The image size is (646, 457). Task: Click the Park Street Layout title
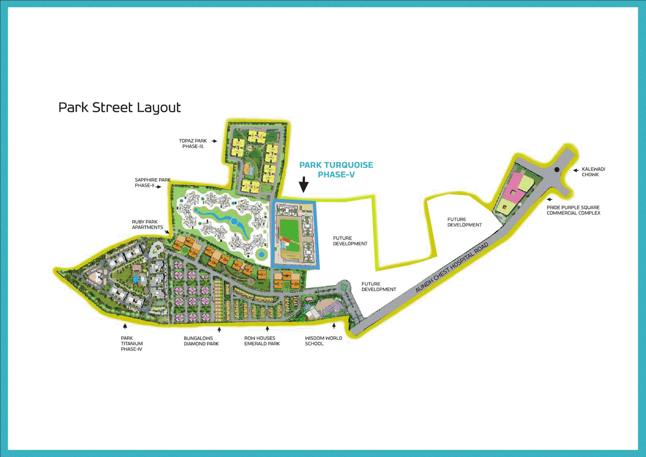[120, 108]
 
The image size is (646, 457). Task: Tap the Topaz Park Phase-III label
[193, 144]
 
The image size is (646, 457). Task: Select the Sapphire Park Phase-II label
[152, 183]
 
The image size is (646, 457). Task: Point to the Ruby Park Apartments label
[147, 225]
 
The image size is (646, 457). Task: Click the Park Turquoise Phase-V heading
[336, 170]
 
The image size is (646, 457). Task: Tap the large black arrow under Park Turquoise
[304, 185]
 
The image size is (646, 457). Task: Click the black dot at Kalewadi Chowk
[557, 170]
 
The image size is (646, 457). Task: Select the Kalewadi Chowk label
[593, 172]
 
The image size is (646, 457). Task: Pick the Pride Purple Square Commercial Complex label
[573, 210]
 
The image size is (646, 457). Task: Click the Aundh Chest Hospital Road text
[452, 267]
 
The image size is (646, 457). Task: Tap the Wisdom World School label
[323, 341]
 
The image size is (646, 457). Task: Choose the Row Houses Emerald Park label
[262, 341]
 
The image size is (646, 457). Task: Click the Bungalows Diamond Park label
[201, 341]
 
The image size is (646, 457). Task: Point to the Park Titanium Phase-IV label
[132, 344]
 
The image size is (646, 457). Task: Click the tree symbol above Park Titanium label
[125, 326]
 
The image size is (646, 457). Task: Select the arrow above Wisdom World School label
[334, 326]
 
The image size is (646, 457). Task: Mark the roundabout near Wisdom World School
[344, 286]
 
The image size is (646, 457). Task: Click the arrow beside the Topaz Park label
[214, 141]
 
